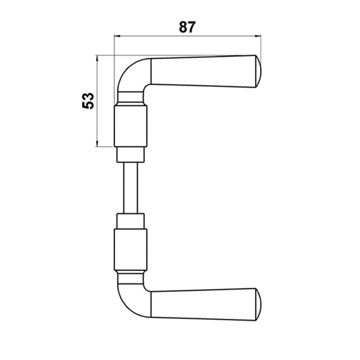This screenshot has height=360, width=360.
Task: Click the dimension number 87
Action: point(186,27)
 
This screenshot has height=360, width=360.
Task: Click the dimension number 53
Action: point(87,101)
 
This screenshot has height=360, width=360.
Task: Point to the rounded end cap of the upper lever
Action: point(257,72)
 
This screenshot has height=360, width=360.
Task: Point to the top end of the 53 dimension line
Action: point(96,56)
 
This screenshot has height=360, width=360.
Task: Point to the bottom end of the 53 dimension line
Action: point(96,146)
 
